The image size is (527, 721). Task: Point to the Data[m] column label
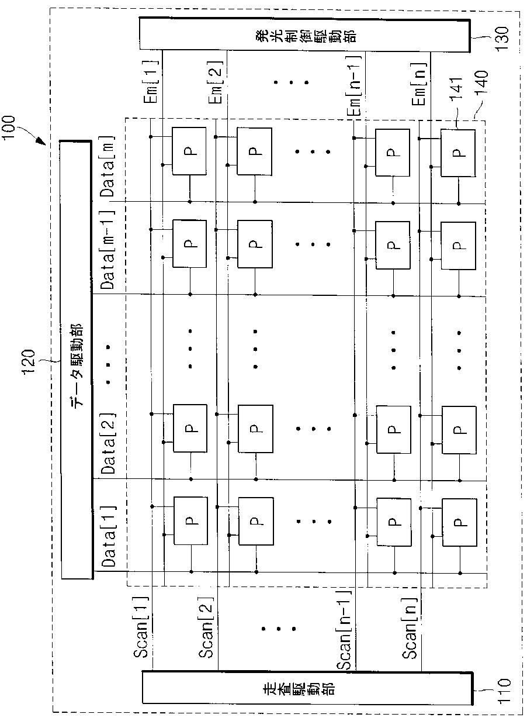(109, 166)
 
